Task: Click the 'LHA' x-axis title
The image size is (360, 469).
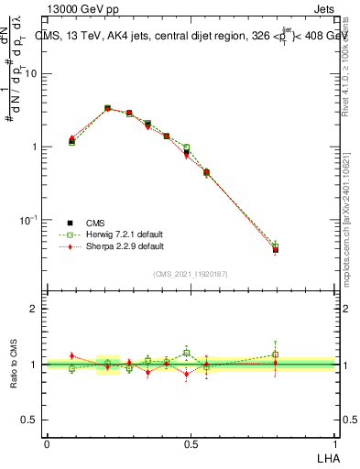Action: point(327,457)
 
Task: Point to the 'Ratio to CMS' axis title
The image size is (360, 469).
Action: point(14,364)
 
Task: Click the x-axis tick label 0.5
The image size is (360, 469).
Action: point(191,444)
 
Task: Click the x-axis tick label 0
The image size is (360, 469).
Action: point(47,444)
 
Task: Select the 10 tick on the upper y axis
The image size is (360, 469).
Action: point(33,73)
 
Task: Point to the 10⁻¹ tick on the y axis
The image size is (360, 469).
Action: point(30,220)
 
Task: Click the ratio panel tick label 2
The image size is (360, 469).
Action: point(36,309)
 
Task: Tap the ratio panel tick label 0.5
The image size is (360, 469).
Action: point(31,420)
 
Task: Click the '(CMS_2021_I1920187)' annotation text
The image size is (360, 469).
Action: point(191,273)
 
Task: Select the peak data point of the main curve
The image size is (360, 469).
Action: point(108,108)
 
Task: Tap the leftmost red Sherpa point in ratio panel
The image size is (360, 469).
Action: point(71,355)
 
